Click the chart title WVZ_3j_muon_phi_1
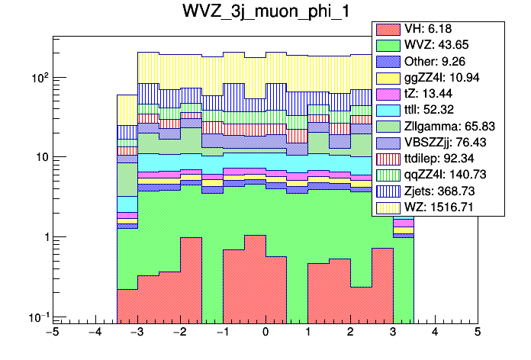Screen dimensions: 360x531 [265, 14]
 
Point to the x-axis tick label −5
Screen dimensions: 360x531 [51, 333]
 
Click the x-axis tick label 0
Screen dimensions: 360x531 [265, 333]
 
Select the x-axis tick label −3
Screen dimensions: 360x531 [137, 333]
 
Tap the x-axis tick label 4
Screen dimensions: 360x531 [435, 333]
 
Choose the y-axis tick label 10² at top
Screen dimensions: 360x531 [38, 78]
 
